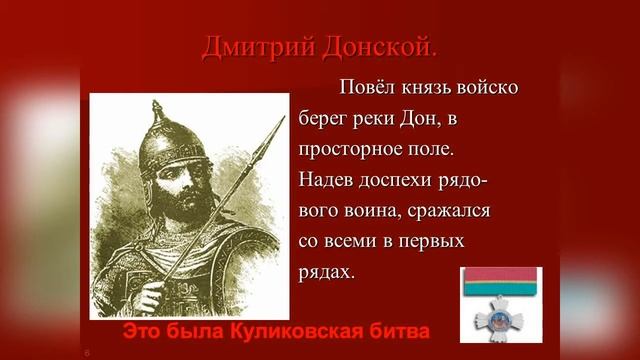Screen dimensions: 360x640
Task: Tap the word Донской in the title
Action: pos(380,47)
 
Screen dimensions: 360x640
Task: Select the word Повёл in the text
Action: pos(367,87)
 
